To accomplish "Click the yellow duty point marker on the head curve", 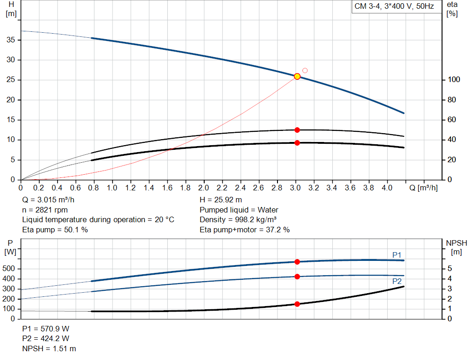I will coord(297,77).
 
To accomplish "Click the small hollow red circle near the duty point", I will coord(305,71).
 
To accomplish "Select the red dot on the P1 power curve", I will coord(297,262).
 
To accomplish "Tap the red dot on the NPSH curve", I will coord(297,304).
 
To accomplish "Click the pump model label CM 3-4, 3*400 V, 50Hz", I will coord(394,7).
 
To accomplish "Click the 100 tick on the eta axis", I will coord(454,80).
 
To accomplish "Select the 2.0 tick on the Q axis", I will coord(204,188).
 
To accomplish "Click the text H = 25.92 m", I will coord(221,200).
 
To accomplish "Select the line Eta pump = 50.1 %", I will coord(55,230).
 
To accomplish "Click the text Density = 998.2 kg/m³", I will coord(238,220).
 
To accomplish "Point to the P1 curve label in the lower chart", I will coord(397,255).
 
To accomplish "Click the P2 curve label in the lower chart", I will coord(397,281).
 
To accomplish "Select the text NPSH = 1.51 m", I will coord(49,348).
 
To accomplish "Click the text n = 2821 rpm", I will coord(45,210).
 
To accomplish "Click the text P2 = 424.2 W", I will coord(46,339).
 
